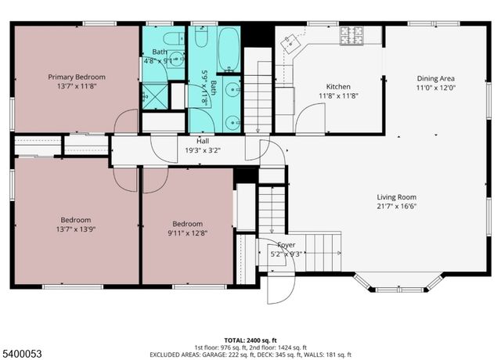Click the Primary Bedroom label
coord(76,77)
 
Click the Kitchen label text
coord(338,86)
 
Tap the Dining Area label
coord(435,78)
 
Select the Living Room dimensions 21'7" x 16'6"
coord(396,207)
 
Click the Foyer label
coord(286,244)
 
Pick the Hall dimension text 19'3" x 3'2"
coord(202,150)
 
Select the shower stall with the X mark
coord(154,96)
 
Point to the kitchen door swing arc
coord(313,117)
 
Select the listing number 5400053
coord(23,354)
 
